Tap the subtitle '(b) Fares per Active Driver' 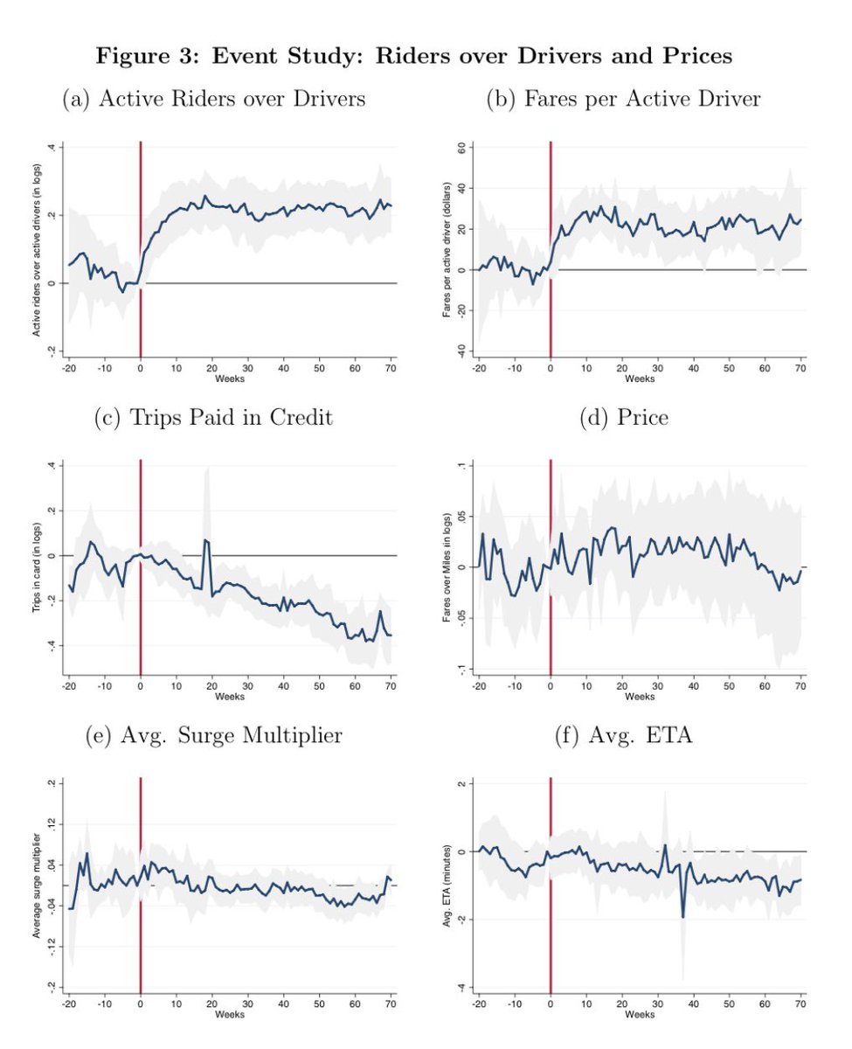click(x=623, y=100)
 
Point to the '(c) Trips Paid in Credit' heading click(x=213, y=418)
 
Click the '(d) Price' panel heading click(x=623, y=418)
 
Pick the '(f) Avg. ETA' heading click(x=623, y=736)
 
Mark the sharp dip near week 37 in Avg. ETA click(x=682, y=915)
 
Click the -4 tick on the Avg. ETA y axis click(x=458, y=987)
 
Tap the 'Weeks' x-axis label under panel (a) click(x=231, y=379)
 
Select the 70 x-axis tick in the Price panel click(x=800, y=685)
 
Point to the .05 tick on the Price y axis click(x=456, y=516)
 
